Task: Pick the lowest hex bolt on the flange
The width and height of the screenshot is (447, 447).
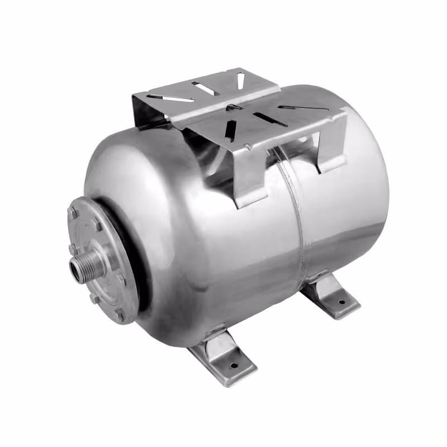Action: point(118,316)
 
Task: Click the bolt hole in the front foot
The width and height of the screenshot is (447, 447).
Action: point(234,366)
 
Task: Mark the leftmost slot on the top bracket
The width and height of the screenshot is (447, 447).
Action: point(178,98)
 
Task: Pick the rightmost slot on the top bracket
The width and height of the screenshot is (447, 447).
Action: point(297,107)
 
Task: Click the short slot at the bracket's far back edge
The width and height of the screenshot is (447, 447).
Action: point(240,80)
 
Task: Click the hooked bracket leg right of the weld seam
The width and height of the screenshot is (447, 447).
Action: point(330,151)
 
